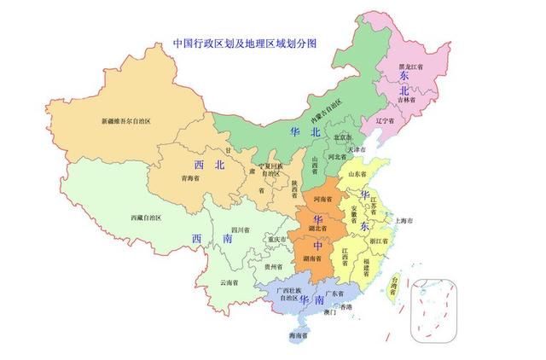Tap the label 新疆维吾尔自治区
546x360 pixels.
click(125, 122)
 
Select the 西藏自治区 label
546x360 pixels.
click(146, 218)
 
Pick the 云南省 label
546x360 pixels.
click(229, 282)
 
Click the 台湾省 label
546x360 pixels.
click(393, 284)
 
